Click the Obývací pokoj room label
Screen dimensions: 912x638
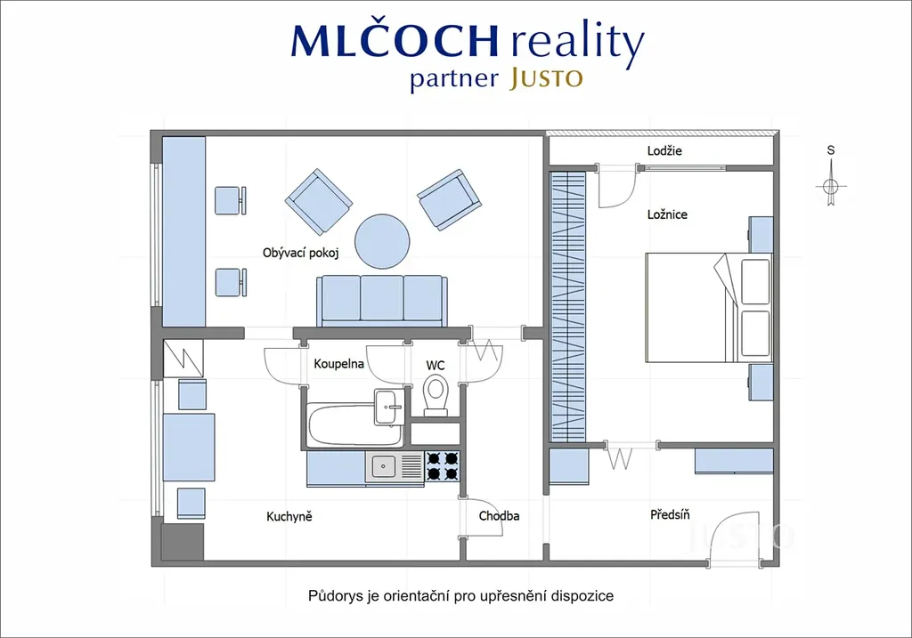coord(300,253)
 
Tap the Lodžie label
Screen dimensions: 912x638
coord(664,150)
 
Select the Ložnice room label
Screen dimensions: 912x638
coord(667,214)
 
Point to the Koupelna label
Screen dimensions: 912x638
coord(338,364)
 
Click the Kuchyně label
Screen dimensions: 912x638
coord(289,516)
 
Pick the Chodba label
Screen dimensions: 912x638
coord(499,515)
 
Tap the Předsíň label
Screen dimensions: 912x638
coord(670,514)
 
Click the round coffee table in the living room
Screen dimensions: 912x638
coord(382,242)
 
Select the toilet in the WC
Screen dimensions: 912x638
coord(436,395)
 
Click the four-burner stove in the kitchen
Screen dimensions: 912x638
coord(443,466)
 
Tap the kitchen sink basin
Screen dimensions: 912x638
coord(383,466)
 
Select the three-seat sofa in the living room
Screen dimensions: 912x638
coord(382,301)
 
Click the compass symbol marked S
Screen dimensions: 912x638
coord(831,186)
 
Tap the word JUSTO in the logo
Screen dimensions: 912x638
coord(546,78)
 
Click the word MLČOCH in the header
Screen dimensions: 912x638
coord(395,40)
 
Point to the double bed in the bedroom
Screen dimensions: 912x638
coord(709,307)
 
